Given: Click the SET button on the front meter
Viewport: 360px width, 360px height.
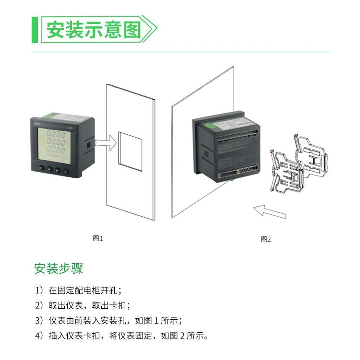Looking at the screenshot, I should pos(41,168).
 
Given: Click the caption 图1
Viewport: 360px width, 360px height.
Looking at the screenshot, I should pos(98,238).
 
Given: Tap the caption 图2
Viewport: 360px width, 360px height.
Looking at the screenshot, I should pos(266,239).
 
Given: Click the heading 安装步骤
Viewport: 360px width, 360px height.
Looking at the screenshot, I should pos(59,268).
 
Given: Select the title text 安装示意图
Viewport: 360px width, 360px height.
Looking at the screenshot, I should pos(94,30).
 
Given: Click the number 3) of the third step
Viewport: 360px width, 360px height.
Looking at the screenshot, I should pos(39,320).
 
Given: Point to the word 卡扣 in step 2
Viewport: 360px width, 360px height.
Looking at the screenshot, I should pos(120,305).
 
